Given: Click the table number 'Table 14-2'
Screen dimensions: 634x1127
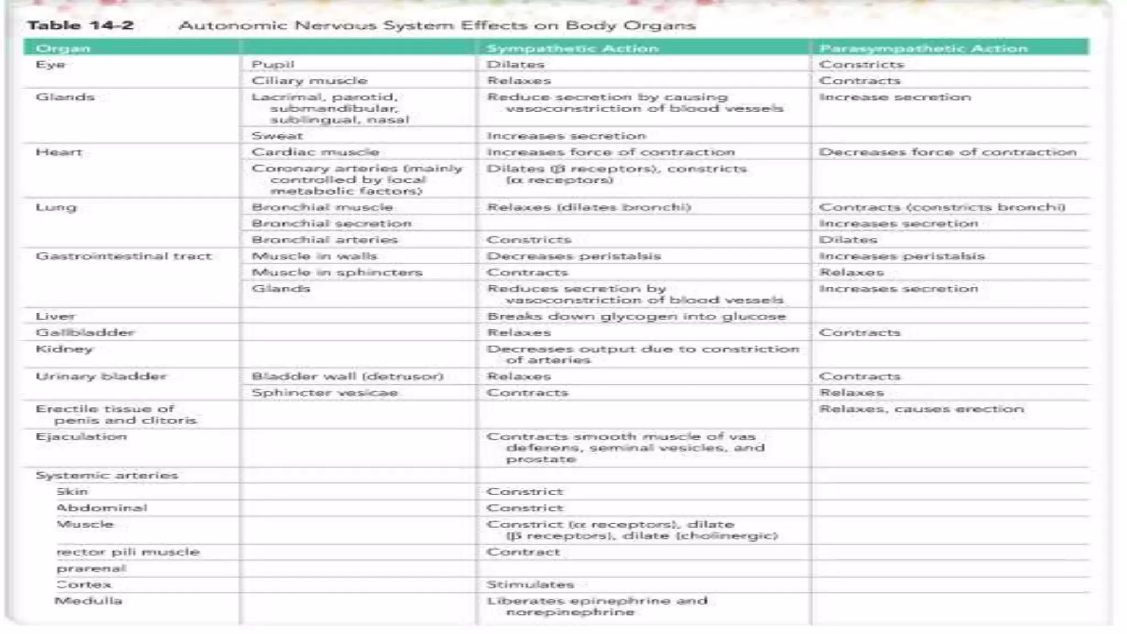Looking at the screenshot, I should [80, 25].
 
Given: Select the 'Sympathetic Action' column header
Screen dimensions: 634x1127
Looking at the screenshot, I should [572, 48].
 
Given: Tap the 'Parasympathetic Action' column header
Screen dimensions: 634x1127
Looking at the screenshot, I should [923, 48].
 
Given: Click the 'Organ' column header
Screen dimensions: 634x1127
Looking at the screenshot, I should [63, 48].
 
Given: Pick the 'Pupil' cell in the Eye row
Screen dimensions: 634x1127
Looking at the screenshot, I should [273, 64].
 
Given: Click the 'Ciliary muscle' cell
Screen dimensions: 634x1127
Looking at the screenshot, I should [309, 81].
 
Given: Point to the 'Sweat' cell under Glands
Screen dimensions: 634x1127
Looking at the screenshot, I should [277, 136].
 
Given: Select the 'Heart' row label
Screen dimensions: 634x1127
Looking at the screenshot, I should [58, 152].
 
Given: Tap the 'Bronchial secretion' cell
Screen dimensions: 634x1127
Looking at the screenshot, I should [331, 223].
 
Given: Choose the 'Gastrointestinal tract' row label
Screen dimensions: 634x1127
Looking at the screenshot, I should [123, 256].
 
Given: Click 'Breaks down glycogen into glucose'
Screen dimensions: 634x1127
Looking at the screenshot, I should [636, 316].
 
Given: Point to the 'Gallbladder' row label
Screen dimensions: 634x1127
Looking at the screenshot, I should [85, 333].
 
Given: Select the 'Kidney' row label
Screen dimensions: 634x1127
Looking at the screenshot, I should [64, 349].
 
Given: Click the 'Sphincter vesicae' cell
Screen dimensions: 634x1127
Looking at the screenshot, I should [325, 393].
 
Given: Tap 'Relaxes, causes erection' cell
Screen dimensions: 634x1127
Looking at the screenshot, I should [921, 409].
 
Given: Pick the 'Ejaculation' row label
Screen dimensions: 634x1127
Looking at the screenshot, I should [81, 437].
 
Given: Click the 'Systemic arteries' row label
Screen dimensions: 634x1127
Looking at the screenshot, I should [107, 475].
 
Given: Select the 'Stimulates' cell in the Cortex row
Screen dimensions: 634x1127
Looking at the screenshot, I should [530, 584].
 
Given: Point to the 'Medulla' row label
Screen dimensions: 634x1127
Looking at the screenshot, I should [88, 601].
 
